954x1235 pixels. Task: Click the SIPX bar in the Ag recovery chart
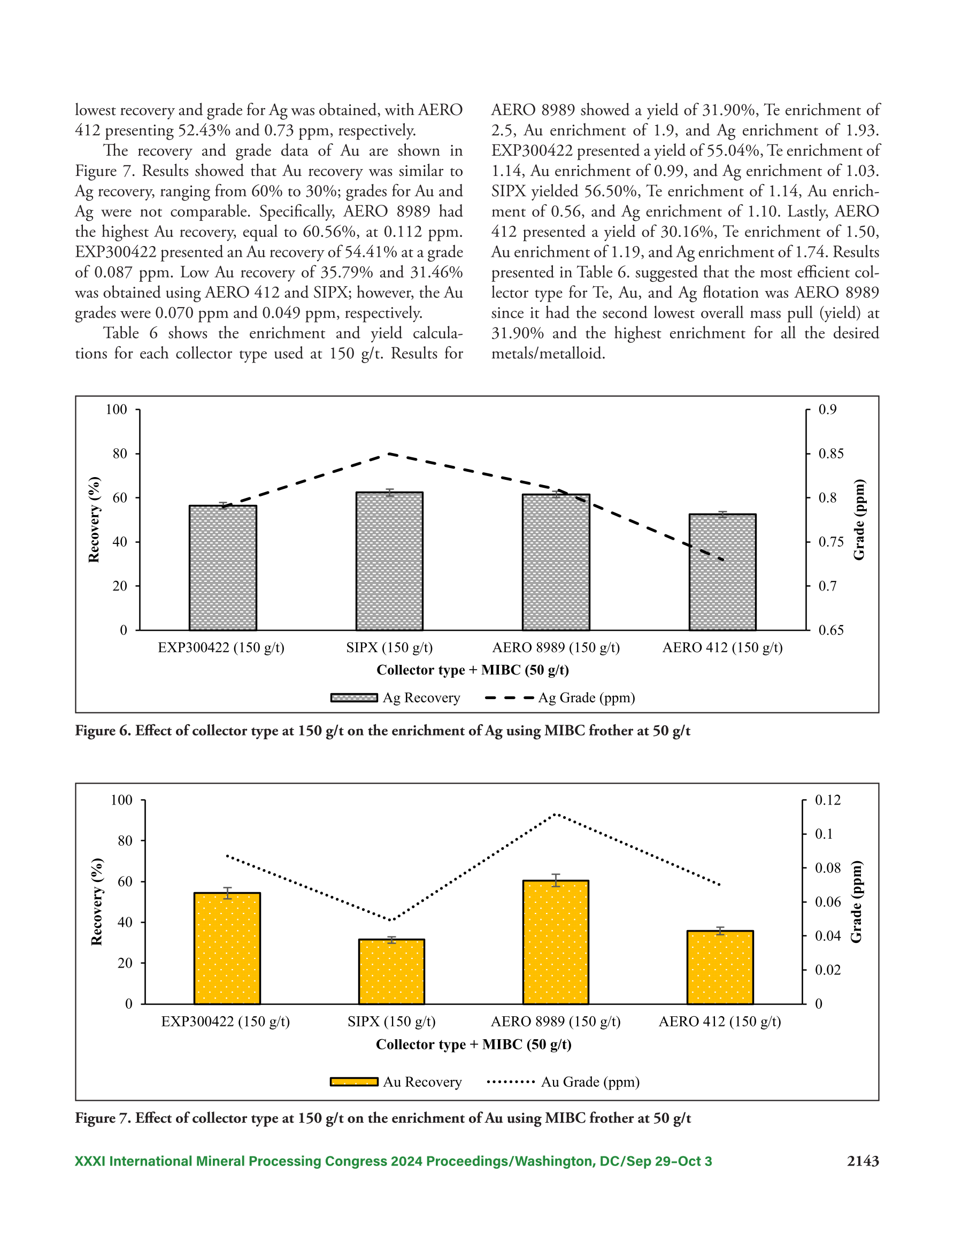[x=389, y=561]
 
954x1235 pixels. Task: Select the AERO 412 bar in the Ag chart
[x=722, y=572]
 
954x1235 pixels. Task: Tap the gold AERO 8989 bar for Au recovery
[x=555, y=942]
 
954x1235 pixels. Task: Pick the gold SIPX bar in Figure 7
[x=391, y=971]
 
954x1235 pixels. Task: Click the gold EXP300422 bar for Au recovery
[x=227, y=948]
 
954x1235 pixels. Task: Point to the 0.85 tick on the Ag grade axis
[x=830, y=454]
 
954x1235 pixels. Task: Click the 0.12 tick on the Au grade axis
[x=827, y=800]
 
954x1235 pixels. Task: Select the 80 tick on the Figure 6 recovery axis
[x=119, y=454]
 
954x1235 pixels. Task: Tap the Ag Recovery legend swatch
[x=354, y=698]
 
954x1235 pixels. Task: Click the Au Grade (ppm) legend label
[x=590, y=1081]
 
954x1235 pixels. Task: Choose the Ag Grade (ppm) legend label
[x=587, y=698]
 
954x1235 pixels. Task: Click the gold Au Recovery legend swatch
[x=354, y=1081]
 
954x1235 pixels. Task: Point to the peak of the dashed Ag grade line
[x=389, y=454]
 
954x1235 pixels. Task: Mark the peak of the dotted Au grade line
[x=555, y=814]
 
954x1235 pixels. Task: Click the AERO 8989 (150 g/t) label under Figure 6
[x=556, y=648]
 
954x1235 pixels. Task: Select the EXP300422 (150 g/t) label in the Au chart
[x=226, y=1021]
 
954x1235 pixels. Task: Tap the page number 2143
[x=863, y=1161]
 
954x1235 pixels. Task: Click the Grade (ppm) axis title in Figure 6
[x=859, y=520]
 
